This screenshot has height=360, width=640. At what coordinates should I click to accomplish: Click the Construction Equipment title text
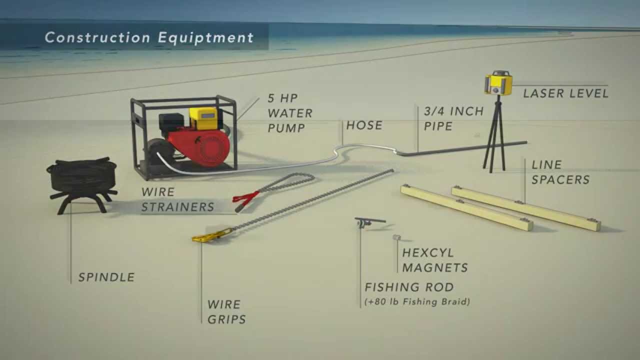149,37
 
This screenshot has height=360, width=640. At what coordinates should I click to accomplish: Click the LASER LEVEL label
565,93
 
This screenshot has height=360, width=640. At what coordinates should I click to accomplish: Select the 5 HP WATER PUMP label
289,113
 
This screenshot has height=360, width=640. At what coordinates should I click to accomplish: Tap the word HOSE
364,125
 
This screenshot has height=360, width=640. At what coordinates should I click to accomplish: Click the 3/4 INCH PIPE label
453,118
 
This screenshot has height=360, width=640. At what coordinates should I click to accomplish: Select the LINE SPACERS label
560,172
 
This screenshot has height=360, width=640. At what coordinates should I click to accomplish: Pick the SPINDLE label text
106,277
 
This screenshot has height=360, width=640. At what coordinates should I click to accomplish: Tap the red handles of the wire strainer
245,198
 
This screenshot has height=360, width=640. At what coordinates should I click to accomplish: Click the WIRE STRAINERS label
177,199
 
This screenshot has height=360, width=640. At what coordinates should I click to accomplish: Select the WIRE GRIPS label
226,312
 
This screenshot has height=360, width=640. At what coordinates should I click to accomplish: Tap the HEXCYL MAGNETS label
435,260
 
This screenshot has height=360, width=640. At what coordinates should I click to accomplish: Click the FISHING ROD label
409,287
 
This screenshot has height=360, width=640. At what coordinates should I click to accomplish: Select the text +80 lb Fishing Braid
417,302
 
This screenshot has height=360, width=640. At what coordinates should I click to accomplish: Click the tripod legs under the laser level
494,140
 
